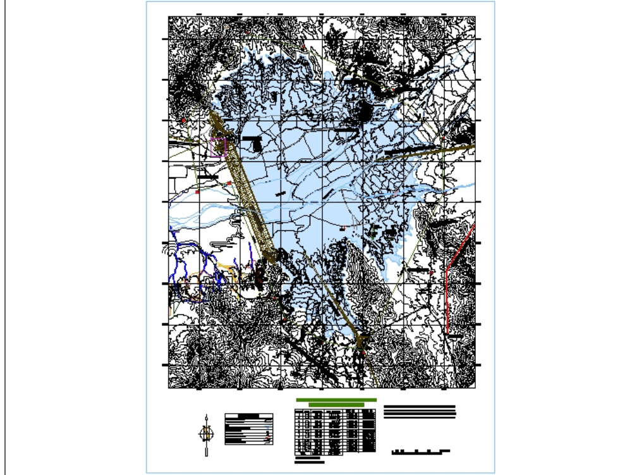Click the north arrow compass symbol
(206, 433)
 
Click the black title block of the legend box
(249, 416)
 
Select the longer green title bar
(336, 400)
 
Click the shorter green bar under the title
(336, 405)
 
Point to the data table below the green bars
(335, 431)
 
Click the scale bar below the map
(421, 452)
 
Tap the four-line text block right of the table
(419, 411)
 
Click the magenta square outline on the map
(217, 147)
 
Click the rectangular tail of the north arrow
(206, 450)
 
